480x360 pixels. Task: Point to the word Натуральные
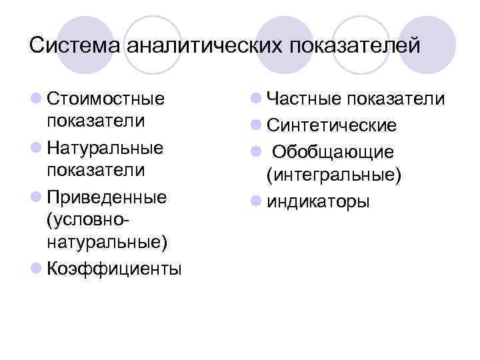click(x=106, y=146)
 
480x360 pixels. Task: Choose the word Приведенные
click(x=107, y=197)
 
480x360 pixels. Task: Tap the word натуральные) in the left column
click(x=105, y=243)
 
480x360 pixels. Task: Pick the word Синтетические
click(x=331, y=125)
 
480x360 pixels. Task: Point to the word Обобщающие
click(x=333, y=151)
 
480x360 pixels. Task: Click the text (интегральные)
click(x=333, y=175)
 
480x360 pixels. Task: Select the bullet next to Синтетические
click(x=255, y=125)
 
